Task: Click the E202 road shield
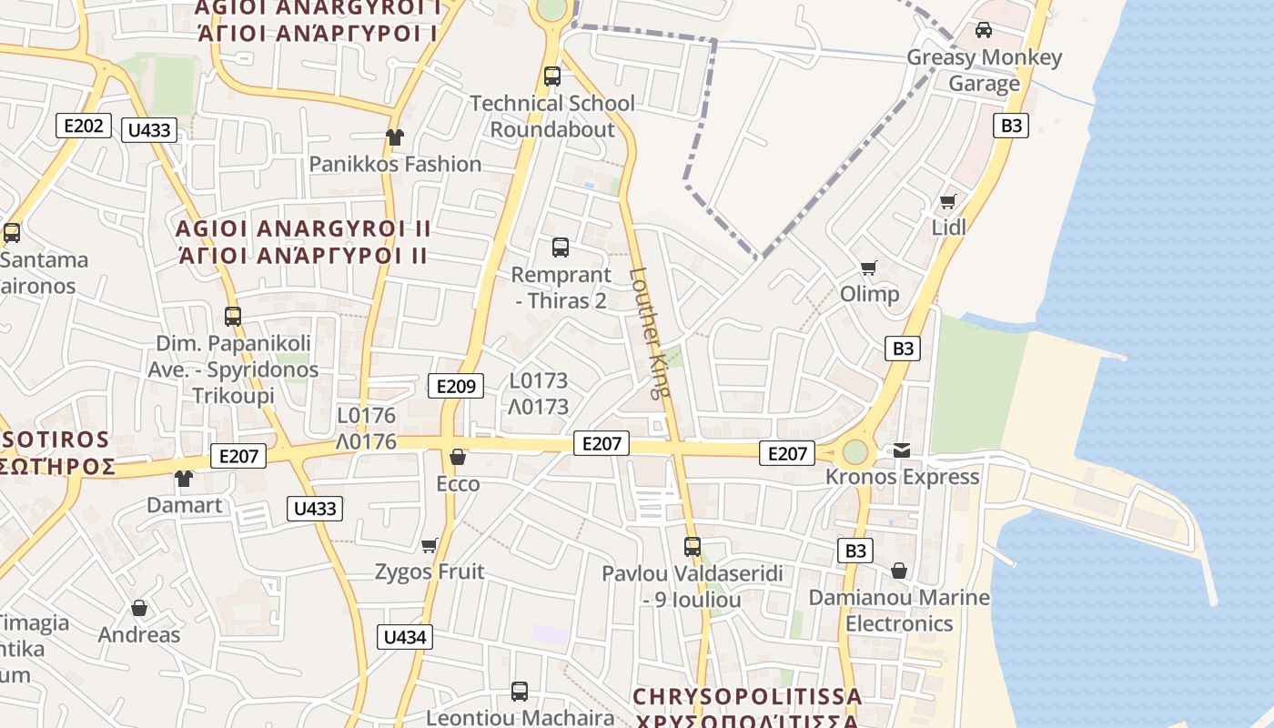[84, 126]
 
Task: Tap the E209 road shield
[456, 386]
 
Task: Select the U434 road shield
[405, 637]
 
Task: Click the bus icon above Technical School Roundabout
[552, 76]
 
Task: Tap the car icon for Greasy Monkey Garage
[984, 30]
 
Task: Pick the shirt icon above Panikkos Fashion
[394, 137]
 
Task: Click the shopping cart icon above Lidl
[948, 201]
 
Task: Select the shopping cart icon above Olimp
[869, 268]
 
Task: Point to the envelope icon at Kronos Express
[902, 450]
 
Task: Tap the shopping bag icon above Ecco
[458, 457]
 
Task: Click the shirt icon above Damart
[184, 479]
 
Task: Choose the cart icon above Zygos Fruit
[430, 545]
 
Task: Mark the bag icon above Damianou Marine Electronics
[899, 571]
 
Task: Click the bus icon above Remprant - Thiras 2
[561, 247]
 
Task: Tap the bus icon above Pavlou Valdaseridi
[693, 546]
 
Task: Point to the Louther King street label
[650, 333]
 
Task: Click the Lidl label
[949, 227]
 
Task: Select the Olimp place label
[869, 294]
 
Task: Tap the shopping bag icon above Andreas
[139, 608]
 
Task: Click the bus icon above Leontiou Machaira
[520, 691]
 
